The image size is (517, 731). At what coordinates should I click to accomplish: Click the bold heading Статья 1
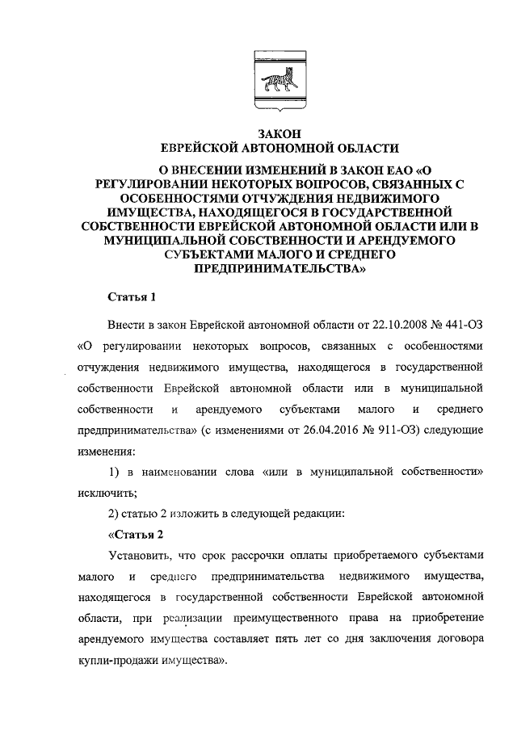(x=132, y=298)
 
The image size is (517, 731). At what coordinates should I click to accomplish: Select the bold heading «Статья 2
(x=136, y=534)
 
